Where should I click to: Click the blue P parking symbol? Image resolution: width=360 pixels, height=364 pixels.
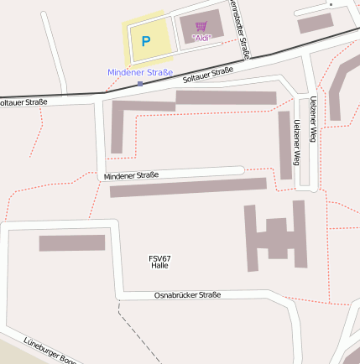(145, 40)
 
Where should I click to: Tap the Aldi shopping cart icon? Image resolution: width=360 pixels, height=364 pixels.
(201, 26)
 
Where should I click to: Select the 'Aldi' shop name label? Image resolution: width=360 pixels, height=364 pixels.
(201, 38)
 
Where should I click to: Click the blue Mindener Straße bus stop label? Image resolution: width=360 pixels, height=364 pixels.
(140, 73)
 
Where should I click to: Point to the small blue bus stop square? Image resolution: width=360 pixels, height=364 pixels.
(140, 84)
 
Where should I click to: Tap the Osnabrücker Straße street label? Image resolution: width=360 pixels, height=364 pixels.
(187, 295)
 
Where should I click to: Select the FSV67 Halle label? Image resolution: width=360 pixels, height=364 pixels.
(159, 262)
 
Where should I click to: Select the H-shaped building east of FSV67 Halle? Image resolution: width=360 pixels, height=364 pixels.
(275, 237)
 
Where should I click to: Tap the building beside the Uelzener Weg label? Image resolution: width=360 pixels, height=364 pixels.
(285, 144)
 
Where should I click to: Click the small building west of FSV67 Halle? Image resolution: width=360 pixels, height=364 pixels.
(72, 243)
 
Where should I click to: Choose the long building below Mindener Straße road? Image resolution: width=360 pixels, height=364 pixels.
(188, 187)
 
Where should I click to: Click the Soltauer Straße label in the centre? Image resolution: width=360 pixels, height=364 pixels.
(207, 76)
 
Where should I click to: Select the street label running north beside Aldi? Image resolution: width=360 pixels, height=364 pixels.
(240, 29)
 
